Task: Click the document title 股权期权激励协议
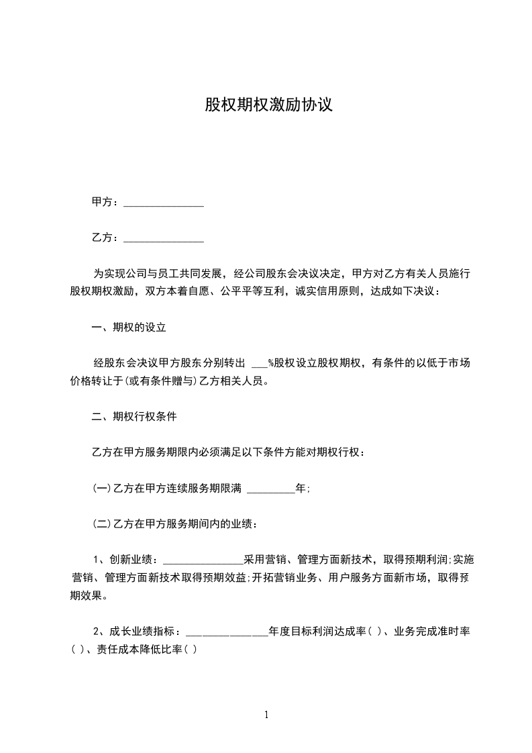point(268,105)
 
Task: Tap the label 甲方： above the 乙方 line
point(105,201)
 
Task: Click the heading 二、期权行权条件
point(134,416)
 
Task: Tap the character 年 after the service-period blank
point(301,489)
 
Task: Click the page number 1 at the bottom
point(266,715)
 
